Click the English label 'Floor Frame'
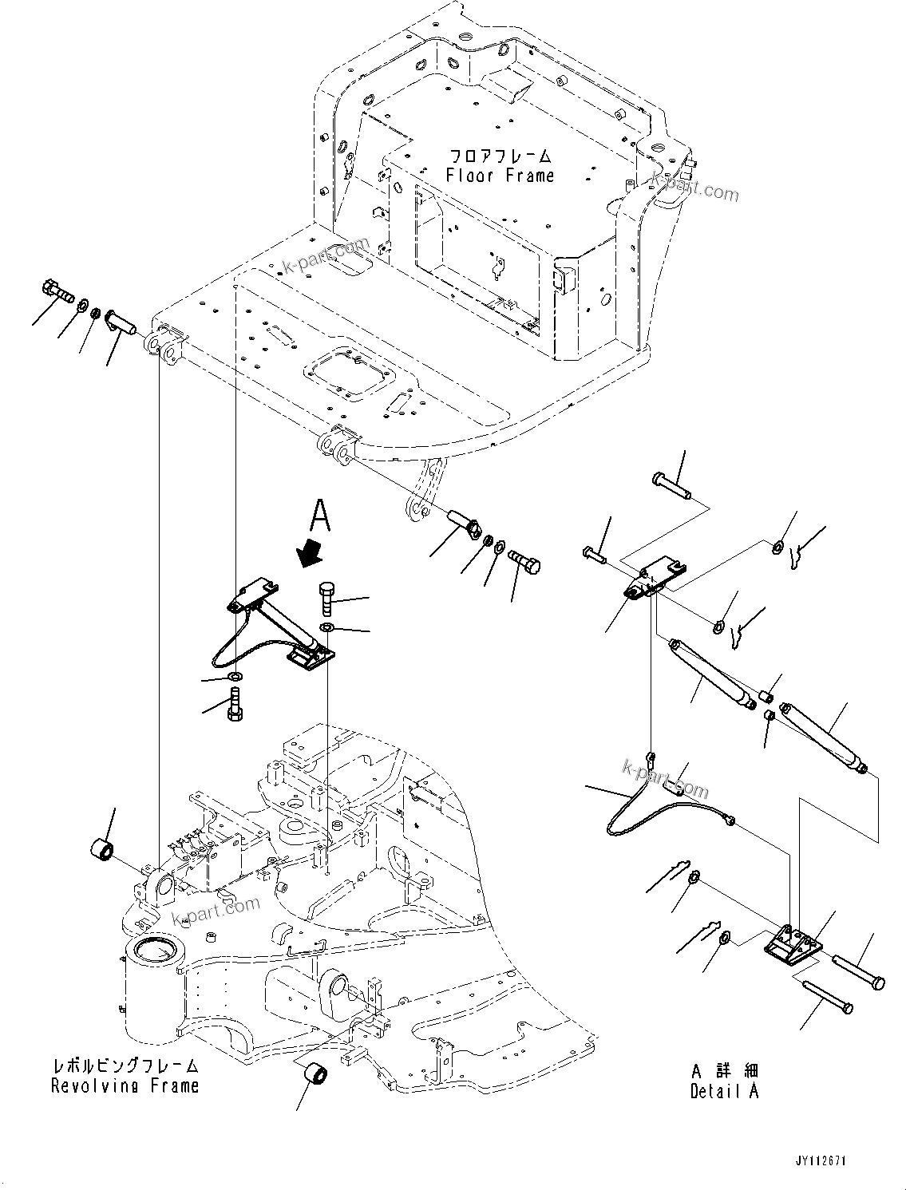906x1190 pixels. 500,176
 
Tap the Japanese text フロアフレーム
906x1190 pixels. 500,156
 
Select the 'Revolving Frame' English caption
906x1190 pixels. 125,1085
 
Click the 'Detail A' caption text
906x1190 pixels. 725,1091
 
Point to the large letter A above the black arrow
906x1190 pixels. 319,516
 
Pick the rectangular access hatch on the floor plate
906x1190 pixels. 349,374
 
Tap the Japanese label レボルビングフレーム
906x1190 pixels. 125,1066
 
